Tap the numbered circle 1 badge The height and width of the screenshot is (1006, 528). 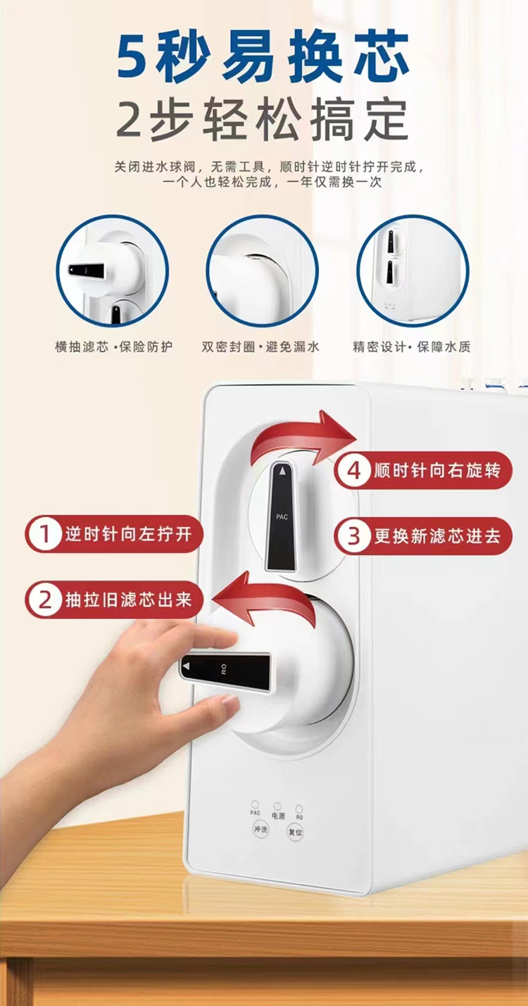45,534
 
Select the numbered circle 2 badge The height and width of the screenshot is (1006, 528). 45,600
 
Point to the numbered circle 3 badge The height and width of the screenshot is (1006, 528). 354,536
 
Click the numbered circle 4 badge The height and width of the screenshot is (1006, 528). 354,470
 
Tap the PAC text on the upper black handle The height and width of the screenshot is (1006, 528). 282,517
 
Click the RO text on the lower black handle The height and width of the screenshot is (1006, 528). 224,670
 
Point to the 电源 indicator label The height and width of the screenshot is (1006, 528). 278,815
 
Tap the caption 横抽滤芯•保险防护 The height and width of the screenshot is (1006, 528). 113,347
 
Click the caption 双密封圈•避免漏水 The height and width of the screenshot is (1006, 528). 260,347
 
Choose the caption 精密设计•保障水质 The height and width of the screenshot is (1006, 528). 412,347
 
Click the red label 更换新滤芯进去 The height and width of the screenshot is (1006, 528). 437,536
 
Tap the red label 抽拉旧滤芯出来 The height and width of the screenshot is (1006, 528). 129,600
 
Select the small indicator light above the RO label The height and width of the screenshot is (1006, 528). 299,809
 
